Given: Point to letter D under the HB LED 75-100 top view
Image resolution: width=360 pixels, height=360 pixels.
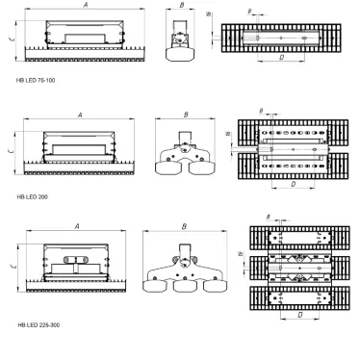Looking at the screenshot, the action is [280, 59].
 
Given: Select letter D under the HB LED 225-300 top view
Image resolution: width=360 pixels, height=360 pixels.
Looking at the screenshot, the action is [298, 315].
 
